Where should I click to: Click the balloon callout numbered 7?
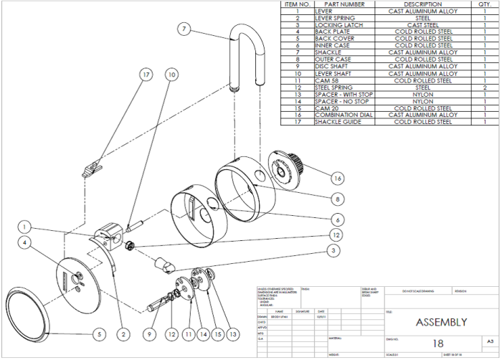pos(184,29)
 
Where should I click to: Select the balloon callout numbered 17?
pos(146,75)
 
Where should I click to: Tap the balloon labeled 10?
pos(171,75)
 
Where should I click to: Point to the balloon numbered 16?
pos(336,176)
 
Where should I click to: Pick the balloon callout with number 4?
pos(24,243)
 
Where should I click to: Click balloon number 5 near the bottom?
pos(100,334)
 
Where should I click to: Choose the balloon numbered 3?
pos(333,250)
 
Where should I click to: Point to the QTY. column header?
pos(485,4)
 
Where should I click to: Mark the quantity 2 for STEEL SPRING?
pos(485,87)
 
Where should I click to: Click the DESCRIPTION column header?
pos(423,4)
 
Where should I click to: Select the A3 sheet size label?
pos(491,342)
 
